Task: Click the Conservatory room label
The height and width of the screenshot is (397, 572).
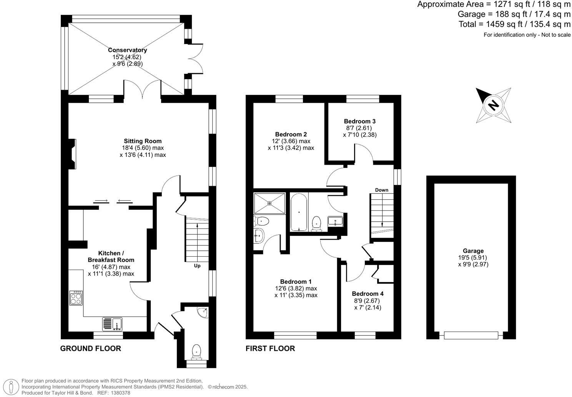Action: (x=127, y=50)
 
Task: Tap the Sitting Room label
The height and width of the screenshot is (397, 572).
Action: (x=143, y=141)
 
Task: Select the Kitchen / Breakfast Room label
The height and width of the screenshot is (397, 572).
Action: (x=111, y=257)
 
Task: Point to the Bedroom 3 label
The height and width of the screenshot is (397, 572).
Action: (x=359, y=121)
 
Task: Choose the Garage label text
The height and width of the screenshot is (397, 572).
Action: (x=473, y=251)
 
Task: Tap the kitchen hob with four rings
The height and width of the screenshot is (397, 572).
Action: (x=76, y=298)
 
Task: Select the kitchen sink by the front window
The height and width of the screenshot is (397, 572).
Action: (x=112, y=324)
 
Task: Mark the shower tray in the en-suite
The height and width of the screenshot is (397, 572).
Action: (x=269, y=203)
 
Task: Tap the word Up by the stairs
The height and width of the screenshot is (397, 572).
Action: (x=197, y=266)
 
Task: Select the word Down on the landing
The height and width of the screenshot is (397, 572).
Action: (x=382, y=190)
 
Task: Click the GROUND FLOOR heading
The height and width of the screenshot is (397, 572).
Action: (x=91, y=349)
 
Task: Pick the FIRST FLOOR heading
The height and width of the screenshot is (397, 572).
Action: (x=270, y=349)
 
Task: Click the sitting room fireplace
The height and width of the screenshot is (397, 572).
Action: (x=72, y=154)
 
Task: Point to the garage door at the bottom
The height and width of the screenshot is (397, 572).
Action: (x=471, y=335)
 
